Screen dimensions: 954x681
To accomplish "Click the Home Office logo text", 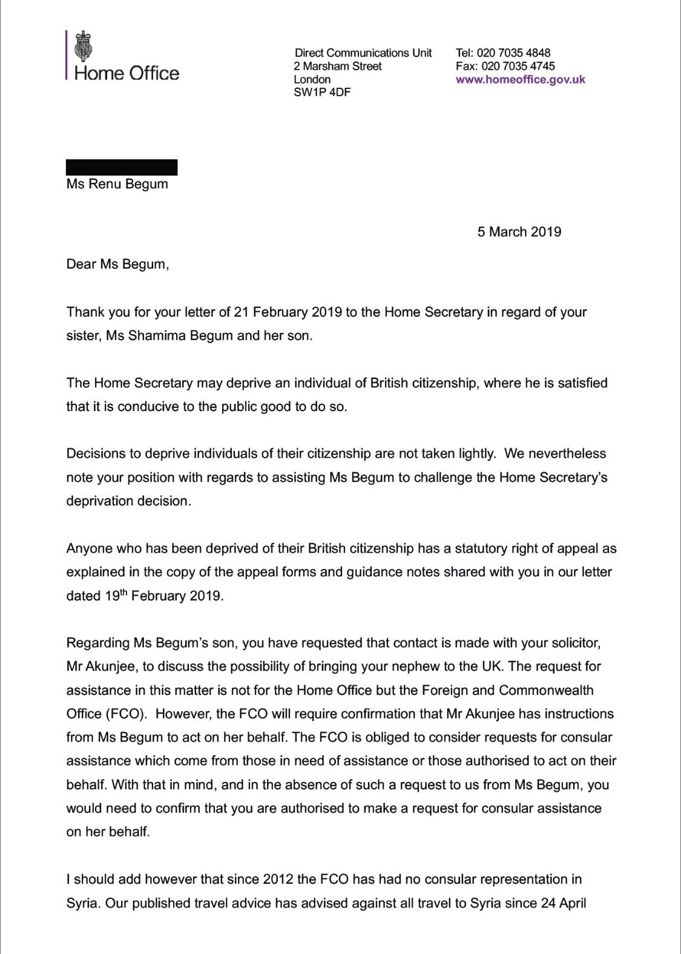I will tap(127, 73).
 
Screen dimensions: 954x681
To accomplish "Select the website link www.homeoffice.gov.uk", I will tap(520, 79).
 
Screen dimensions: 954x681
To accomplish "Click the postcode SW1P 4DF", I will tap(322, 93).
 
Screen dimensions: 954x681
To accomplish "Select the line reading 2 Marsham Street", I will tap(338, 66).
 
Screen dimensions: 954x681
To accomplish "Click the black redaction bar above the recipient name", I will tap(122, 167).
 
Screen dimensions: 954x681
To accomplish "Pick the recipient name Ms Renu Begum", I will tap(117, 184).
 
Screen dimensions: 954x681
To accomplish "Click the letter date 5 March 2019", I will tap(519, 232).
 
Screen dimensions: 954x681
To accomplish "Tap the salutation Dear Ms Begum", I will tap(117, 265).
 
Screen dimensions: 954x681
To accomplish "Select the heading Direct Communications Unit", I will tap(363, 53).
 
